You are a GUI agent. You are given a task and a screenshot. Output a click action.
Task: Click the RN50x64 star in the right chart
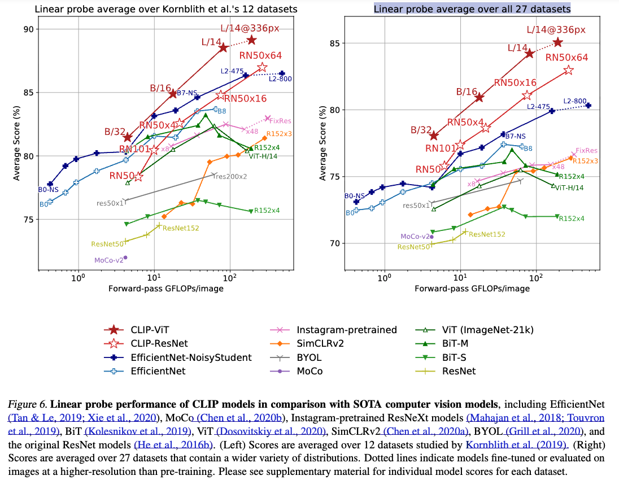pyautogui.click(x=569, y=70)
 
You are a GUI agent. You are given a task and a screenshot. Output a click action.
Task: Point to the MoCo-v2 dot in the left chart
pyautogui.click(x=125, y=258)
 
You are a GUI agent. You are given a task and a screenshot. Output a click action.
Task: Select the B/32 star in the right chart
pyautogui.click(x=434, y=136)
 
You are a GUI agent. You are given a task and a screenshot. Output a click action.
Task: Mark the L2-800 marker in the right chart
pyautogui.click(x=588, y=105)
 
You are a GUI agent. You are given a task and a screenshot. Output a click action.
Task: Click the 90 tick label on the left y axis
pyautogui.click(x=28, y=29)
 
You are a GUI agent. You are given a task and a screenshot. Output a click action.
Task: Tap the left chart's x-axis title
pyautogui.click(x=165, y=289)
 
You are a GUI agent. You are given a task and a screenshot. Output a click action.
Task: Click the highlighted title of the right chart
pyautogui.click(x=472, y=8)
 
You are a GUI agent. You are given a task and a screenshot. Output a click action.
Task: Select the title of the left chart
pyautogui.click(x=166, y=8)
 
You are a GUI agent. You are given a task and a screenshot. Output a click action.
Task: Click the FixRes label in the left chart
pyautogui.click(x=280, y=120)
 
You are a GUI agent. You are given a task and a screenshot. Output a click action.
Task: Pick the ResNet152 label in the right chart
pyautogui.click(x=487, y=234)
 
